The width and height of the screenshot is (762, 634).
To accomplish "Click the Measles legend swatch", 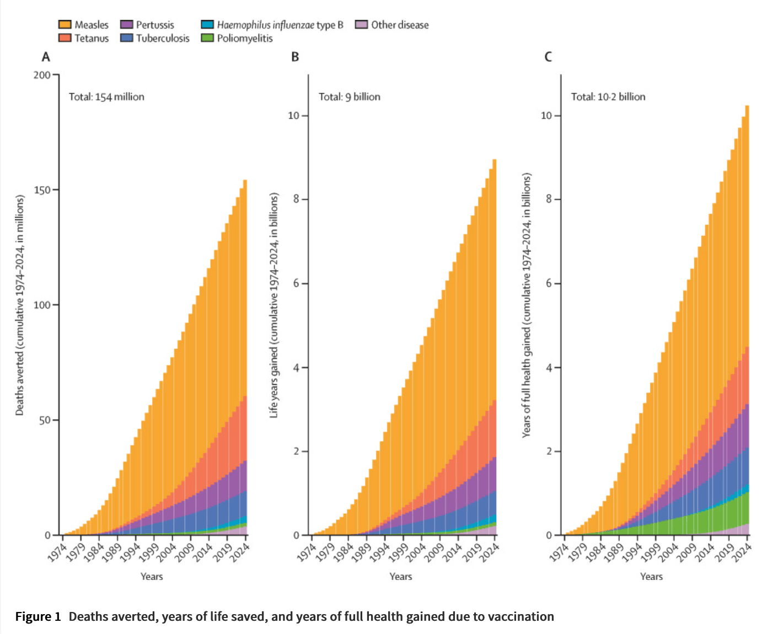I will point(65,25).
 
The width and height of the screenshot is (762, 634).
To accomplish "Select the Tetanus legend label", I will point(92,39).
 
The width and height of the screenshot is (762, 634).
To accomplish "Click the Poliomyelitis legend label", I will point(245,39).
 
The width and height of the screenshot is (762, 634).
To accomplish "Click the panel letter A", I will point(46,57).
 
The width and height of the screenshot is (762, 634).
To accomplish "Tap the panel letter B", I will point(295,57).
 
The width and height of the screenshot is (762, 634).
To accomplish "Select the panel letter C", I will point(548,57).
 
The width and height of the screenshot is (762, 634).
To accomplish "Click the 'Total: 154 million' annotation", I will point(106,97).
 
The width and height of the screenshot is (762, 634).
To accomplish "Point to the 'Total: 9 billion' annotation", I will point(350,97).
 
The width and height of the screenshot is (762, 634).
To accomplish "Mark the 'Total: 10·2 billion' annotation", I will point(608,97).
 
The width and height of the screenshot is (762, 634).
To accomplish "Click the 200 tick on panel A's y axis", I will point(41,75).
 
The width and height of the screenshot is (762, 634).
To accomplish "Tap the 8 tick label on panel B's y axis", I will point(297,199).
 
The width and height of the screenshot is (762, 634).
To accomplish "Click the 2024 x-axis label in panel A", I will point(240,552).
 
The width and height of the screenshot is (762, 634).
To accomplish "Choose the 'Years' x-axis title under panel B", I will point(401,577).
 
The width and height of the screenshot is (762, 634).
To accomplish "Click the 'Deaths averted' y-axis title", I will point(20,305).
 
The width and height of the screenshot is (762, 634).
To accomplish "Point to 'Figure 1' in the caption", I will point(38,616).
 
